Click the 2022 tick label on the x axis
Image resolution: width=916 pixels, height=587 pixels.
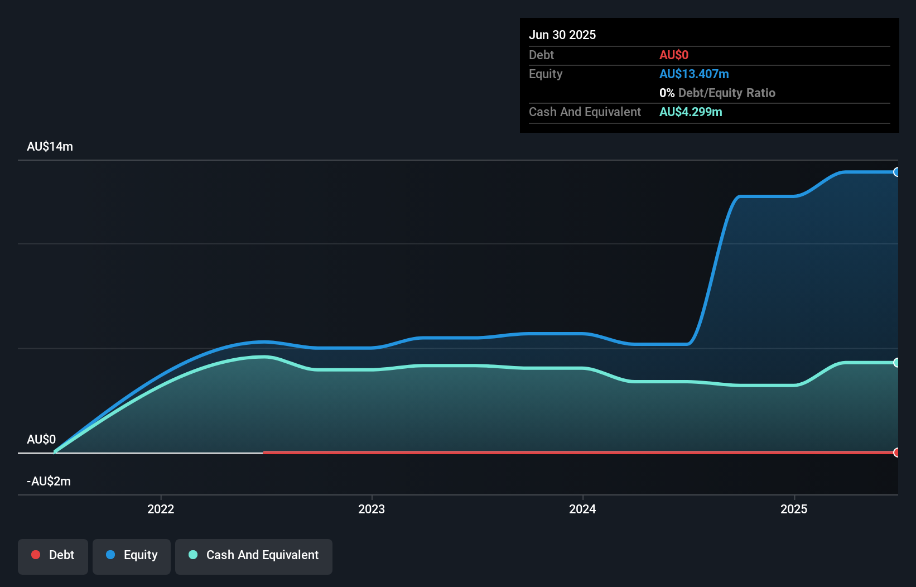pos(161,509)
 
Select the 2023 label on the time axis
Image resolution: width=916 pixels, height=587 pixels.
pos(372,509)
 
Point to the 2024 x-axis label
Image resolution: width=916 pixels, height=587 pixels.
pos(582,509)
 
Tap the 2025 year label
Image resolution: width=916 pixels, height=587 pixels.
pos(794,509)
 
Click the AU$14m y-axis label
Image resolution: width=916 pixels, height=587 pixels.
pos(50,146)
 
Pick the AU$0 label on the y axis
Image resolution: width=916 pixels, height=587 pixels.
pos(41,439)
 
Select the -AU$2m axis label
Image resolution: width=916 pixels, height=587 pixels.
pos(49,481)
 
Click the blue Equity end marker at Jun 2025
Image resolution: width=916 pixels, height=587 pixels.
pos(896,172)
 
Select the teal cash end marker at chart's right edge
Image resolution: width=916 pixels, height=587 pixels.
pos(896,363)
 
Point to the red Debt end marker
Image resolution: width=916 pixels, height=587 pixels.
pos(896,453)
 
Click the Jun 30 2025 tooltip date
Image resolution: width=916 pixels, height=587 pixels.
pos(562,35)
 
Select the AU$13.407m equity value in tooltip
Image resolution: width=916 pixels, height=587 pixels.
pos(694,74)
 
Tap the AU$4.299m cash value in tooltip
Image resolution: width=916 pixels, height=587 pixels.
pos(691,112)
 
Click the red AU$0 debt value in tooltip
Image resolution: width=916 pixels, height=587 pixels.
pos(674,55)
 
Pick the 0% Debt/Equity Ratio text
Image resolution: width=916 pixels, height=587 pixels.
pos(717,93)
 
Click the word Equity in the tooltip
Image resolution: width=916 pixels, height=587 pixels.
pos(546,74)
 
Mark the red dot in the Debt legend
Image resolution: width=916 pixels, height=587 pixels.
pos(36,555)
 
